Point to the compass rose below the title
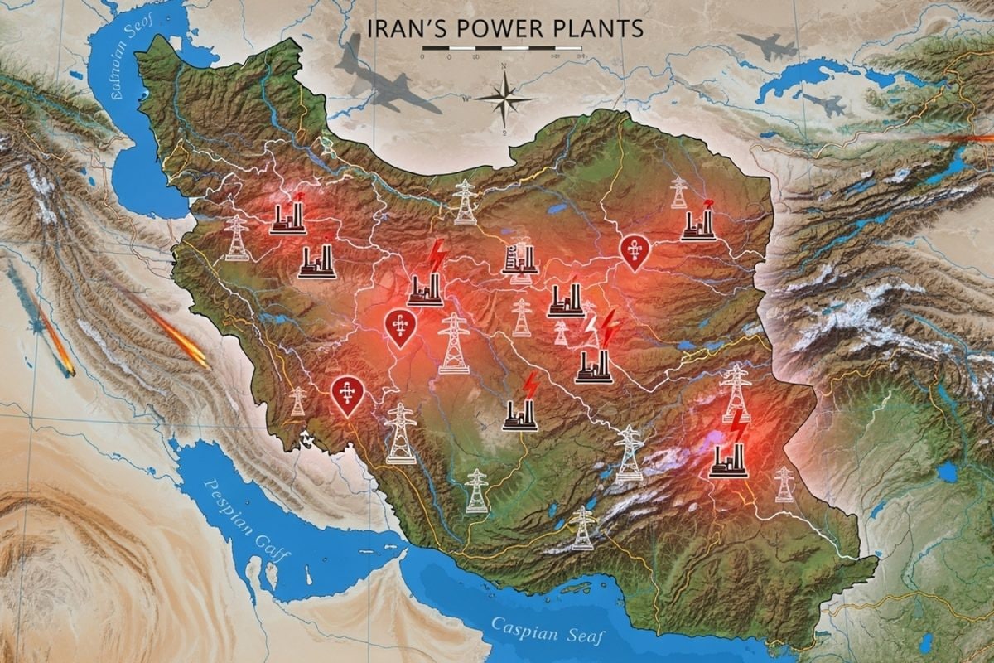pyautogui.click(x=504, y=99)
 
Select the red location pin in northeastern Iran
pyautogui.click(x=634, y=252)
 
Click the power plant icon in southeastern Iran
pyautogui.click(x=728, y=461)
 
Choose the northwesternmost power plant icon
pyautogui.click(x=287, y=218)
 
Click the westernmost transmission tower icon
pyautogui.click(x=237, y=238)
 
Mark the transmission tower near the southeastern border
pyautogui.click(x=783, y=484)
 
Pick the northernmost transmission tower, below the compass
pyautogui.click(x=466, y=202)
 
